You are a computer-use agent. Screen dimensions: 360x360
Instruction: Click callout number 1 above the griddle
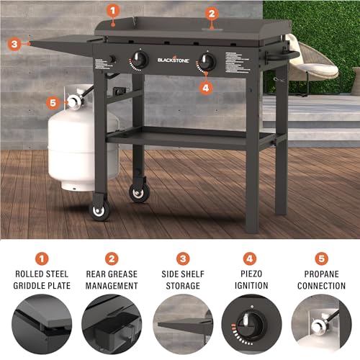point(112,10)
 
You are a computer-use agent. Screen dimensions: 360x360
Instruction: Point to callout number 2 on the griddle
point(211,13)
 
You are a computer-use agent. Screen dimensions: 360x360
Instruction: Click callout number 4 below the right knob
point(207,89)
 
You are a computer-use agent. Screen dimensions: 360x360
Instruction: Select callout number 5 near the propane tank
point(53,102)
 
